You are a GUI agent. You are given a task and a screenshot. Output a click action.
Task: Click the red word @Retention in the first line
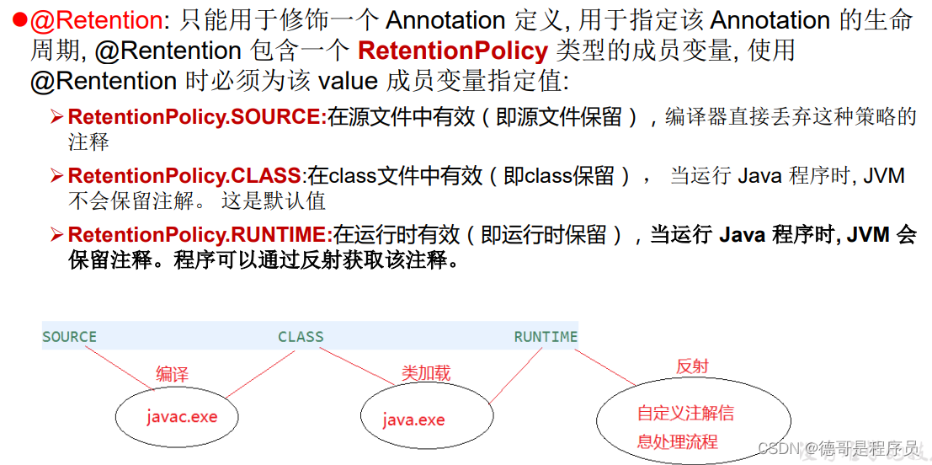pyautogui.click(x=85, y=19)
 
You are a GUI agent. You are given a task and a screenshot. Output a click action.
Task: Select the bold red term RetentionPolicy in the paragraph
pyautogui.click(x=453, y=51)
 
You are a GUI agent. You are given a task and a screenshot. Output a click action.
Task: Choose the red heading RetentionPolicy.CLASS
pyautogui.click(x=184, y=176)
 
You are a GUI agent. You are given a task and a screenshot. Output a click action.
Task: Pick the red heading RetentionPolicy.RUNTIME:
pyautogui.click(x=200, y=235)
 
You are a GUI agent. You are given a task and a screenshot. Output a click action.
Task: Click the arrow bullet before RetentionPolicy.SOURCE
pyautogui.click(x=57, y=117)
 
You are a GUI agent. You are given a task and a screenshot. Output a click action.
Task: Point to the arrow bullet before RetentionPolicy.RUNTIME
pyautogui.click(x=57, y=235)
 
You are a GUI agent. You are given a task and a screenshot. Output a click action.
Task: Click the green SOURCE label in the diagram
pyautogui.click(x=69, y=337)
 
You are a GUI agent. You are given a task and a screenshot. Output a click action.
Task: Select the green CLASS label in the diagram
pyautogui.click(x=301, y=337)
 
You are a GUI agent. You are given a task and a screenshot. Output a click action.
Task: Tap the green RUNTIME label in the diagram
pyautogui.click(x=546, y=337)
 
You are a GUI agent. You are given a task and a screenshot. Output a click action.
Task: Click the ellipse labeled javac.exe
pyautogui.click(x=182, y=417)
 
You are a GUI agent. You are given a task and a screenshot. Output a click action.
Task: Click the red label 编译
pyautogui.click(x=173, y=374)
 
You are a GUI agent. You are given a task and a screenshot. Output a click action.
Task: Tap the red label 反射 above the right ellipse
pyautogui.click(x=692, y=366)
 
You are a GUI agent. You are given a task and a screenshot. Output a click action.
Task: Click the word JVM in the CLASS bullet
pyautogui.click(x=884, y=176)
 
